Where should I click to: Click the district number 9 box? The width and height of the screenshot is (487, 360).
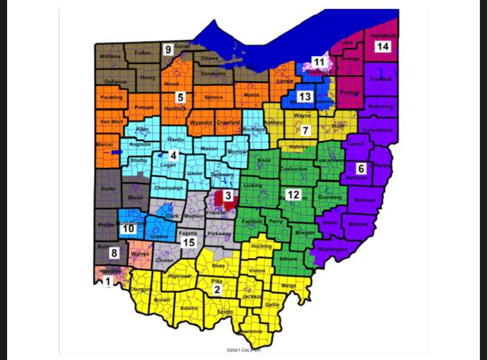pos(168,49)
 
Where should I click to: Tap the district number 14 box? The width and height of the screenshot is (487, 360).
pos(382,46)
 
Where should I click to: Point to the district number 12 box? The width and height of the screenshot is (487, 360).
pos(292,194)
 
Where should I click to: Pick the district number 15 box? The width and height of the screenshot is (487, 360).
pos(188,242)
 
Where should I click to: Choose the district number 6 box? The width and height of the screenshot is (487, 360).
pos(361,168)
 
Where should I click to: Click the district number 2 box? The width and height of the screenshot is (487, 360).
pos(217,289)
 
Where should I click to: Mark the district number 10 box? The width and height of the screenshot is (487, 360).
pos(129,229)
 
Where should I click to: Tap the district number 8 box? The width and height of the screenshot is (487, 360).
pos(114,253)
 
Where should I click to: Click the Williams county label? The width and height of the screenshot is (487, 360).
pos(109,56)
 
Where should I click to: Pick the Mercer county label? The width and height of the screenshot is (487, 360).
pos(104,145)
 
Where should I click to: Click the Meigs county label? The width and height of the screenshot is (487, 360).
pos(289,285)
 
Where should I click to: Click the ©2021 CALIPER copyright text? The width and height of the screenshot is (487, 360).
pos(243,350)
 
